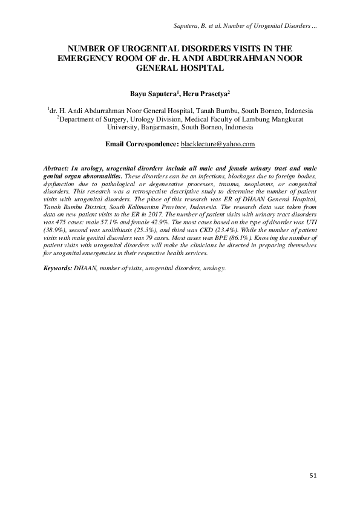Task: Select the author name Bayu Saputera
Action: coord(155,95)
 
